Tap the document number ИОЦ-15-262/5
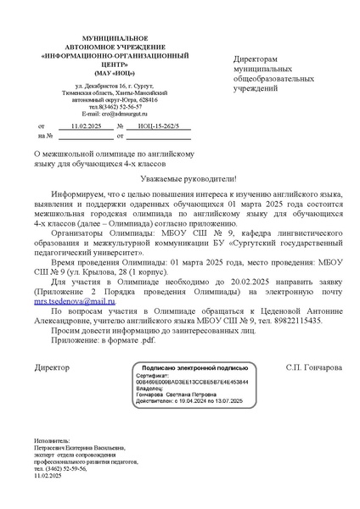point(161,125)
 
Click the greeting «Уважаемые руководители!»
point(181,179)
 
